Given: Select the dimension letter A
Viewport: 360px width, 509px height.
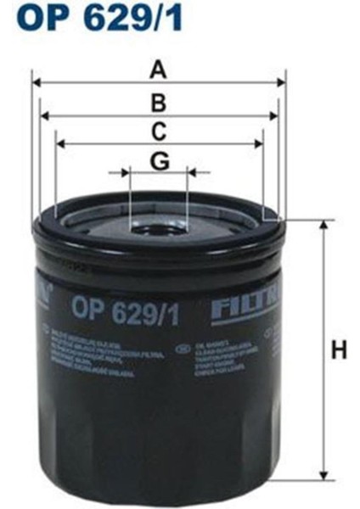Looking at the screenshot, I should [158, 69].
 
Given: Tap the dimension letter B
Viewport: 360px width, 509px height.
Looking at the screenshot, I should [158, 103].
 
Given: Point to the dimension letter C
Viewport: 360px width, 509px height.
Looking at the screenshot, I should [158, 131].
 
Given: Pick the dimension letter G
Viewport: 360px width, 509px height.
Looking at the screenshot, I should [159, 159].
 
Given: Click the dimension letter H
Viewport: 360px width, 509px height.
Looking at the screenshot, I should [340, 349].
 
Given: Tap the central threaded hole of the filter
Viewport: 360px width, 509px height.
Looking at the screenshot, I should [158, 227].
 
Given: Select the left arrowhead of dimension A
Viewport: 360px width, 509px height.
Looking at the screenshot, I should [36, 83].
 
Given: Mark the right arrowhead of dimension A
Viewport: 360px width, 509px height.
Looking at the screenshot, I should [282, 83].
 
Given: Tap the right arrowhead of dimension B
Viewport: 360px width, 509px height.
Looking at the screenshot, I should [273, 117].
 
